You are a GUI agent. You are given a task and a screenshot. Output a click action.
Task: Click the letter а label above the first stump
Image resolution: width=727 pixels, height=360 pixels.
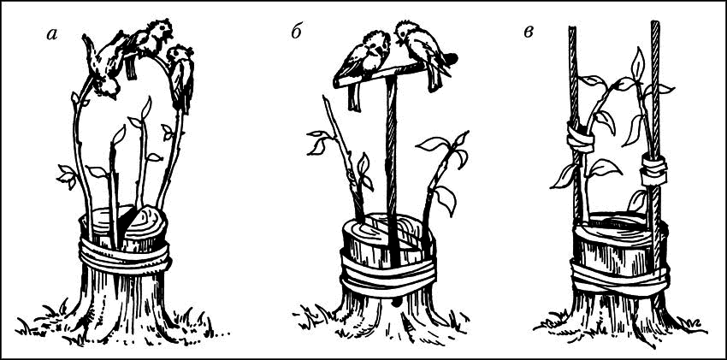click(x=52, y=35)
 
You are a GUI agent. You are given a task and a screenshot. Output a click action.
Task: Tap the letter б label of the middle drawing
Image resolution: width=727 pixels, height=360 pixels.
click(x=297, y=32)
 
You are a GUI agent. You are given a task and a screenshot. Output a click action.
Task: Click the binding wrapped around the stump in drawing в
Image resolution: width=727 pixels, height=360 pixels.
click(x=619, y=278)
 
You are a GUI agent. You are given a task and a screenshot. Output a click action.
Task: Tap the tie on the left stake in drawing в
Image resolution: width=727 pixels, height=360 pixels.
click(x=580, y=138)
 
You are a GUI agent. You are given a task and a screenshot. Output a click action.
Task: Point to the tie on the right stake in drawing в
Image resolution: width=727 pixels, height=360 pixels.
click(x=653, y=169)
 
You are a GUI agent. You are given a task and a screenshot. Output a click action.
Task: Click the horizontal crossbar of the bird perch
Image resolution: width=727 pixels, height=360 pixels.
click(x=381, y=75)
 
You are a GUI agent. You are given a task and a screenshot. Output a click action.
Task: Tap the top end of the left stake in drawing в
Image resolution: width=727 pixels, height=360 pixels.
click(x=571, y=28)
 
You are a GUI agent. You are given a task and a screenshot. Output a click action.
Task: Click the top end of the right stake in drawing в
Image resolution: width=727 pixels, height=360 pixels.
click(x=655, y=23)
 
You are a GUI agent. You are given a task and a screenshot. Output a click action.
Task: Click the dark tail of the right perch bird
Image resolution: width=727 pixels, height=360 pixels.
click(x=449, y=59)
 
